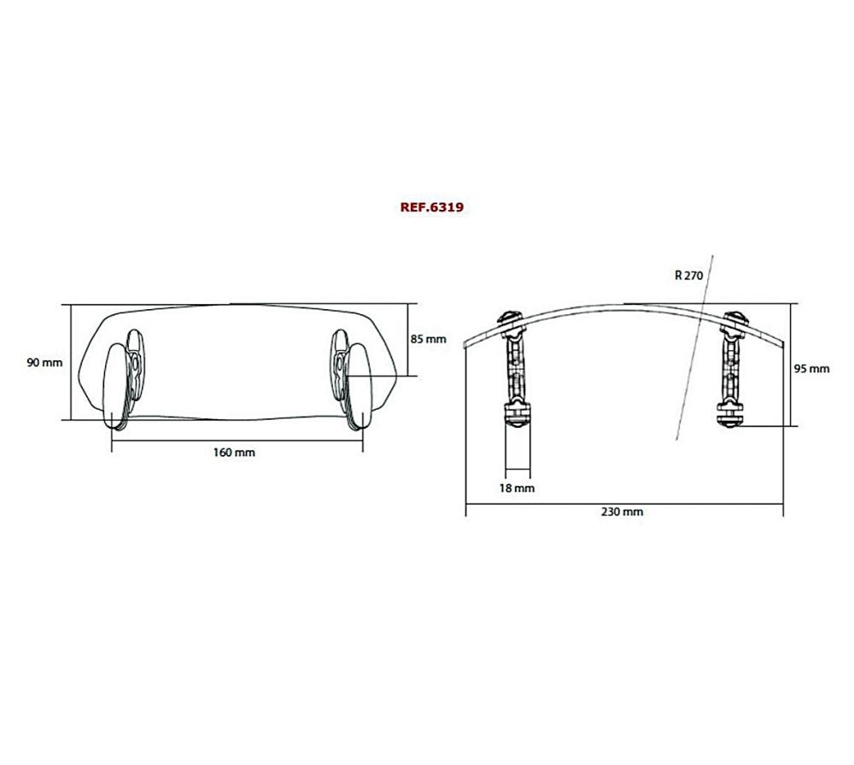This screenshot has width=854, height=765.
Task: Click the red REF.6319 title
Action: tap(431, 207)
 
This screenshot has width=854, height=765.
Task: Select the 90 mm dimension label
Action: tap(44, 362)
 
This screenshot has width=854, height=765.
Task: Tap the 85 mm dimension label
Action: tap(428, 339)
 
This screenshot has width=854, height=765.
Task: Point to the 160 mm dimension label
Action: tap(233, 452)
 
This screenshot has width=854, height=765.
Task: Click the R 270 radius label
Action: tap(688, 275)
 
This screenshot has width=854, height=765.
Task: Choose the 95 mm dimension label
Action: tap(811, 369)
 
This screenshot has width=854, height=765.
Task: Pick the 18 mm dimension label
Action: tap(518, 488)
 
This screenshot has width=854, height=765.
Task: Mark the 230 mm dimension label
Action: tap(623, 511)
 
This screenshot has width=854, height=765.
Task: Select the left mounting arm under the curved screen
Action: tap(517, 367)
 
